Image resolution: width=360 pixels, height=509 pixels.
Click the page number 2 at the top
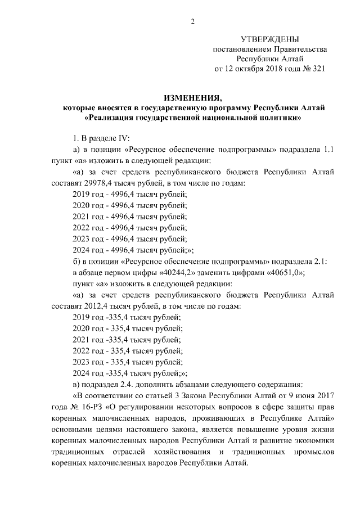point(192,21)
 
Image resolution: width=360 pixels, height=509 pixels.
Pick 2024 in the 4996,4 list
point(82,250)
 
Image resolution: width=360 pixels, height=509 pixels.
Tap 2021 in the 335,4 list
point(82,340)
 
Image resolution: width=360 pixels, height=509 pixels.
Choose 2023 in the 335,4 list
point(82,362)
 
